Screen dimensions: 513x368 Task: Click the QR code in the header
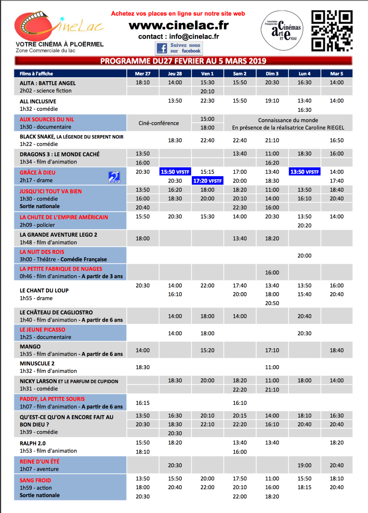[332, 31]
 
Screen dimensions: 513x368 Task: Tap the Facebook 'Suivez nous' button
[179, 48]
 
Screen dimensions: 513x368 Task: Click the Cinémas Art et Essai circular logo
[282, 30]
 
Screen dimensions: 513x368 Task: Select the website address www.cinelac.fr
[179, 25]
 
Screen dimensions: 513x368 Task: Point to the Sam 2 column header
[240, 74]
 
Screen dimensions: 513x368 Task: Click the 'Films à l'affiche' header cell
[36, 74]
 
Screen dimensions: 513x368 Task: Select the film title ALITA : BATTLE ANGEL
[48, 83]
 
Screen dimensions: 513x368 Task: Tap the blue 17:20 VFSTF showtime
[207, 181]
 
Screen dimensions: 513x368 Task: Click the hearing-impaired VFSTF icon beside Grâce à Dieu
[114, 177]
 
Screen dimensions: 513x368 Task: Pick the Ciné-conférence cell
[159, 123]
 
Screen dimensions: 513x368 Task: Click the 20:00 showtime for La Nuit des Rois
[304, 255]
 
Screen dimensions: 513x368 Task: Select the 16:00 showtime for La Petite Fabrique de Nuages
[272, 273]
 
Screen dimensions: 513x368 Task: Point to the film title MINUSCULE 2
[37, 364]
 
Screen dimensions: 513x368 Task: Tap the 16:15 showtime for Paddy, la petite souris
[142, 403]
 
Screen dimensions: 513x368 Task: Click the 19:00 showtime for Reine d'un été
[304, 465]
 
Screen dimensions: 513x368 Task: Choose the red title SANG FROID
[35, 480]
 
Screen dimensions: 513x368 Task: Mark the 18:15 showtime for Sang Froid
[304, 487]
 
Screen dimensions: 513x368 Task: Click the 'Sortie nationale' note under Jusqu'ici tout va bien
[40, 206]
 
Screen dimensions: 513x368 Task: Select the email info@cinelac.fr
[194, 36]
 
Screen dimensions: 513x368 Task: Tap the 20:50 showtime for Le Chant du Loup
[272, 303]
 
